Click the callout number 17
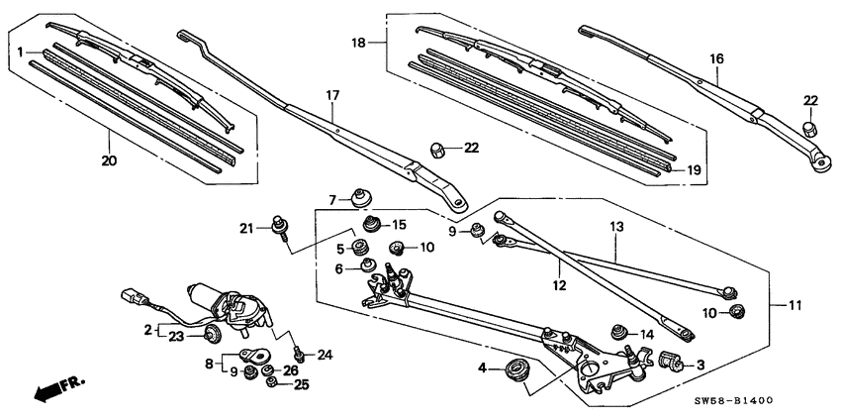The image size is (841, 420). click(x=332, y=95)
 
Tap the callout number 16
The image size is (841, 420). click(x=716, y=58)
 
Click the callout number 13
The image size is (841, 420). click(x=616, y=227)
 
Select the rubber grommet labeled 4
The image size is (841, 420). click(x=516, y=370)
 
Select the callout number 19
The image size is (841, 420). click(x=694, y=170)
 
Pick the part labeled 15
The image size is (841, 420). click(x=372, y=224)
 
